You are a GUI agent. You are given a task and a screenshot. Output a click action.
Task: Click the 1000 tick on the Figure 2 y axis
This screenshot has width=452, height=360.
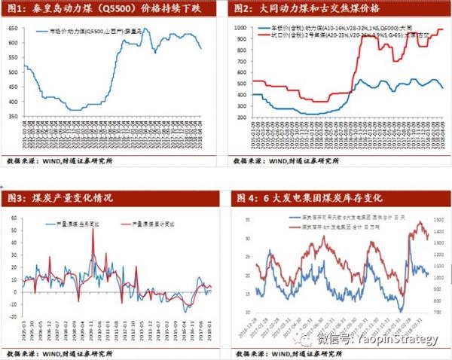tap(240, 27)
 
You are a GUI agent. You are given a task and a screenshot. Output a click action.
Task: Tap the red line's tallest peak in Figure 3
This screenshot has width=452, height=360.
tap(93, 230)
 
